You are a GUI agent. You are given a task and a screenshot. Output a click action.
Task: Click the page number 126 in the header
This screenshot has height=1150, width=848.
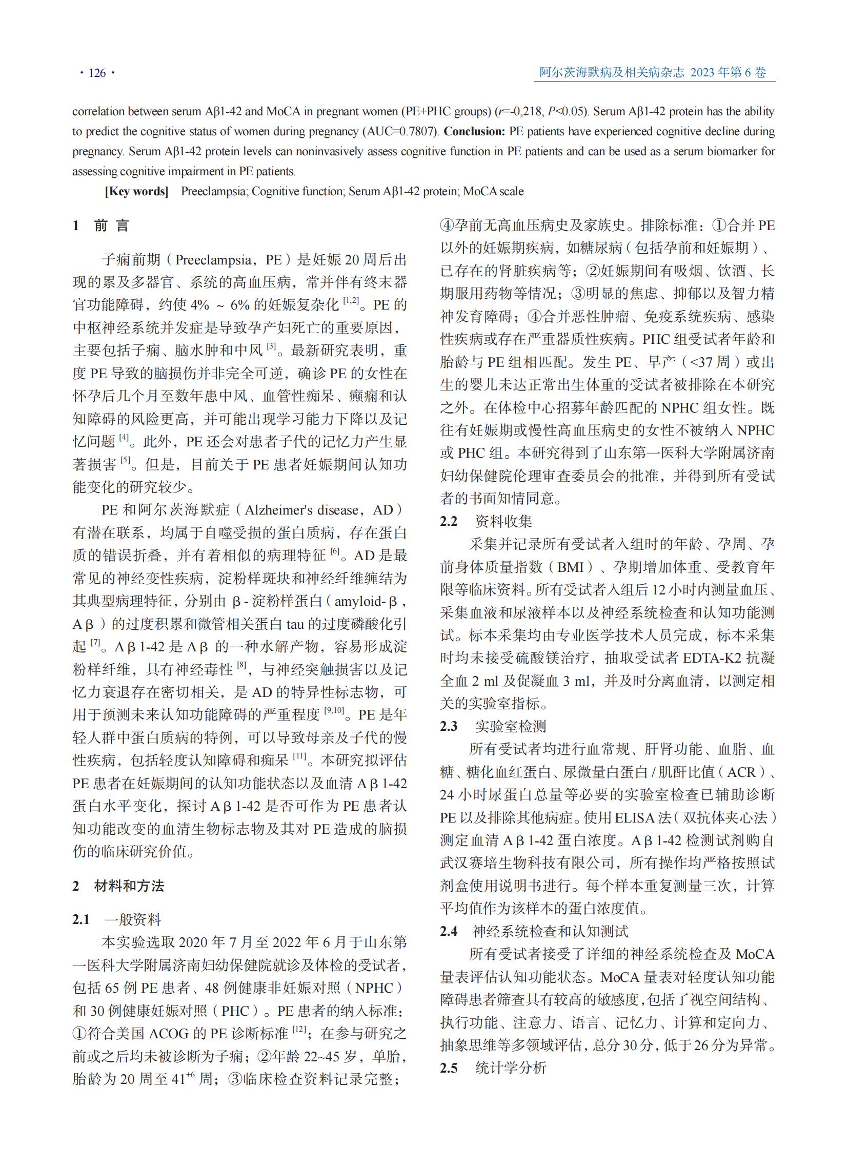click(97, 73)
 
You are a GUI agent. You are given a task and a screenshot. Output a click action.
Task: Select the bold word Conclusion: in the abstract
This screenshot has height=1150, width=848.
click(474, 131)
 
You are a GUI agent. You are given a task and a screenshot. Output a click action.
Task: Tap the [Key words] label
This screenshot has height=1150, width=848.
click(136, 191)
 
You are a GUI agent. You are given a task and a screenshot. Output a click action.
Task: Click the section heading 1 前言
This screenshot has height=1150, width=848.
click(101, 225)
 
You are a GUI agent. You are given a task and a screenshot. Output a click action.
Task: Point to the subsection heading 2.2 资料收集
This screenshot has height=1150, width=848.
click(486, 521)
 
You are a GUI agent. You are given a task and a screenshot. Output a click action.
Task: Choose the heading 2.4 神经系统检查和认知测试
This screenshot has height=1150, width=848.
click(534, 931)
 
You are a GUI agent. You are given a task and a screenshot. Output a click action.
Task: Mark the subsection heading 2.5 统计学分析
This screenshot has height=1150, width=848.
click(493, 1068)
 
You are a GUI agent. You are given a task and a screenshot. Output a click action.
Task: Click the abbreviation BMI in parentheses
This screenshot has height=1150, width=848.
click(570, 567)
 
